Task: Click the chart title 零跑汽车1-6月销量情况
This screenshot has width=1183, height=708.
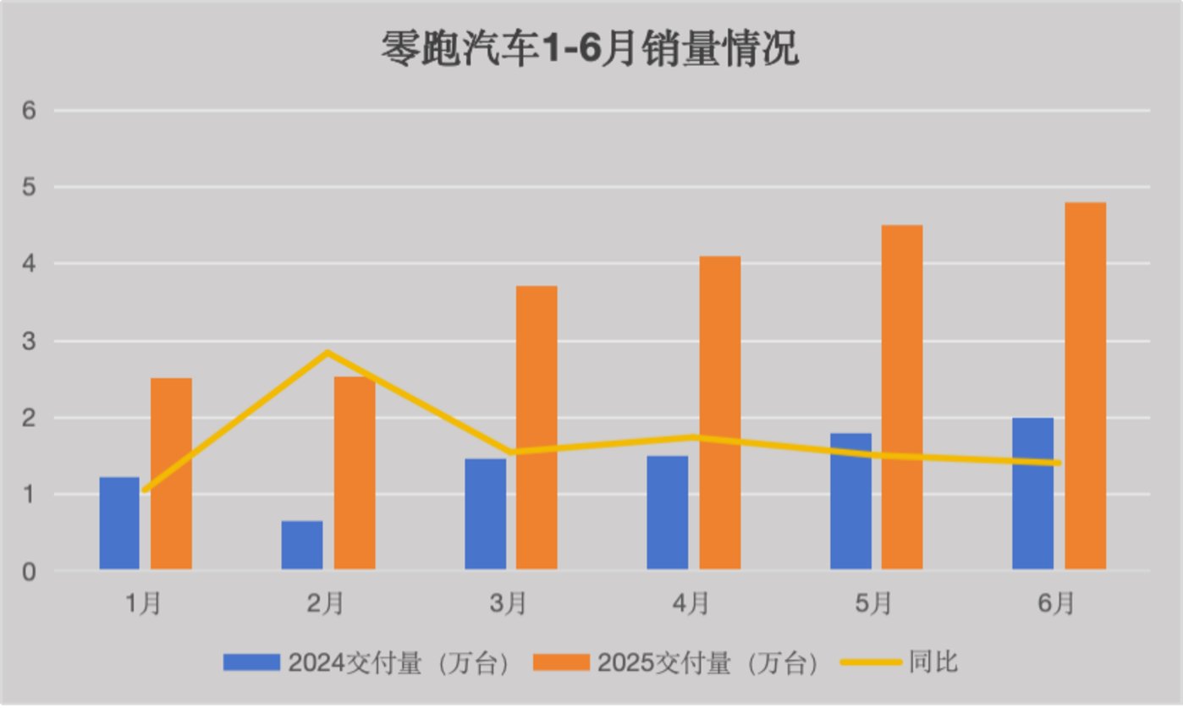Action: (590, 50)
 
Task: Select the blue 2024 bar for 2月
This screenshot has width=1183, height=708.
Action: (302, 545)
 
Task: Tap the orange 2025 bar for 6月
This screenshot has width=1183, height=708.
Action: (1085, 386)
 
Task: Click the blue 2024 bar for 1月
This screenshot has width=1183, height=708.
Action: (119, 523)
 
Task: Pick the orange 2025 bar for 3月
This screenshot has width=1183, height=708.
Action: (536, 427)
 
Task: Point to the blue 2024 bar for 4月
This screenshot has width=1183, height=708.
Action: (668, 513)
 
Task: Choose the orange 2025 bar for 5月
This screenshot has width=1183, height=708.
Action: (902, 397)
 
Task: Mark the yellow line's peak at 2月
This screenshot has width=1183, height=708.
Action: (327, 352)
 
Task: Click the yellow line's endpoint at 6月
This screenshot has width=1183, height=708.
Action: (1057, 463)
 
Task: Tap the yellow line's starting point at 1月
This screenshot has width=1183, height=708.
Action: (145, 490)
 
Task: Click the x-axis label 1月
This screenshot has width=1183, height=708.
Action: (143, 604)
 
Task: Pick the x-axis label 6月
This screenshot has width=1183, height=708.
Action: (1056, 604)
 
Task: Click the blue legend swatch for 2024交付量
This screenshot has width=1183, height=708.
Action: (251, 662)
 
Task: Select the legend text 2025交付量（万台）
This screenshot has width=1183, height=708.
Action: (707, 662)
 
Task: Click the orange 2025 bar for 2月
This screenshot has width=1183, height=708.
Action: (355, 473)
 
